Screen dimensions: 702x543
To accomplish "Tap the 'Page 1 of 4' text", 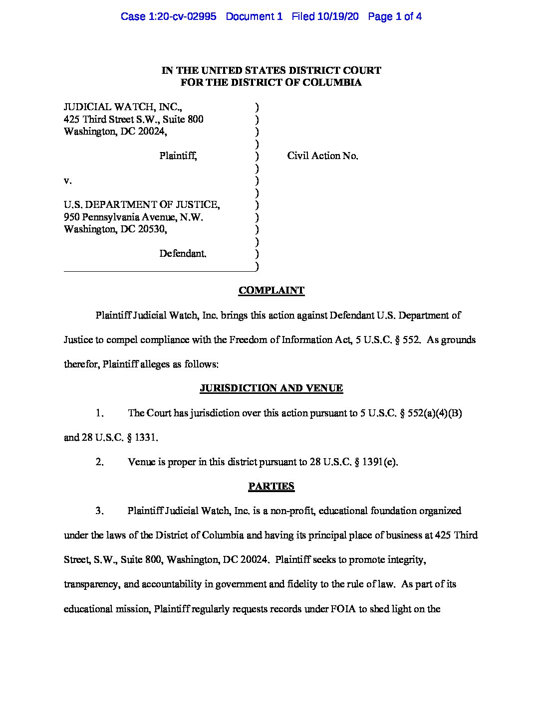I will point(394,16).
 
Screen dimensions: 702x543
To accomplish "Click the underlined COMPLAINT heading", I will point(271,291).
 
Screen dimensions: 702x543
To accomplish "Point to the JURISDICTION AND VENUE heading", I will point(271,388).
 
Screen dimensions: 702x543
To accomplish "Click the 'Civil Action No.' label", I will point(322,156).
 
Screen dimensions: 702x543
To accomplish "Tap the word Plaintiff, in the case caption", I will point(178,156).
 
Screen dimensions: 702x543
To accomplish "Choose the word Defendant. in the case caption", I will point(183,254).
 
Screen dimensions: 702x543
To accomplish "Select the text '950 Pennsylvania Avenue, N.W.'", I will point(133,217).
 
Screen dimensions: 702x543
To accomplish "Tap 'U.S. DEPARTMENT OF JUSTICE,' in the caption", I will point(142,205).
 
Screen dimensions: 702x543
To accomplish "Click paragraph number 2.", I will point(99,462).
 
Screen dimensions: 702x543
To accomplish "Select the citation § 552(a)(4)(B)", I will point(428,413).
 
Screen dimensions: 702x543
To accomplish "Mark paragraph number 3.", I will point(99,511).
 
